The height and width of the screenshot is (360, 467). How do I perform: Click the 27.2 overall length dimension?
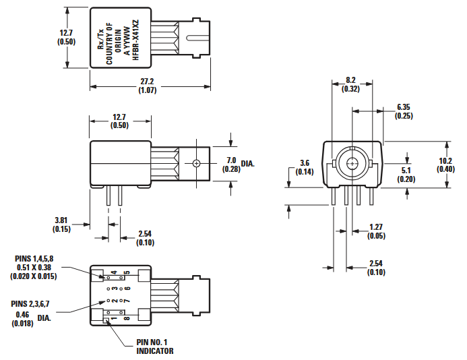pyautogui.click(x=147, y=82)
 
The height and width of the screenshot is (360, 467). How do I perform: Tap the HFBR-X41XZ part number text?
pyautogui.click(x=135, y=40)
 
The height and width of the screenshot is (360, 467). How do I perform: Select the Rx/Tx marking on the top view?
pyautogui.click(x=101, y=39)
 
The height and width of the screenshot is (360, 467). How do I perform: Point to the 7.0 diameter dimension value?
pyautogui.click(x=231, y=160)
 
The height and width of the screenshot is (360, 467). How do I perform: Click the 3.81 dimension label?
pyautogui.click(x=61, y=220)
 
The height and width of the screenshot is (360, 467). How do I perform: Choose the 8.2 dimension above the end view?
pyautogui.click(x=350, y=80)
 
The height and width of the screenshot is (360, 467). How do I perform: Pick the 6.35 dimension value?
pyautogui.click(x=404, y=107)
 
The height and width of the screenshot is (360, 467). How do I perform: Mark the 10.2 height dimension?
pyautogui.click(x=445, y=160)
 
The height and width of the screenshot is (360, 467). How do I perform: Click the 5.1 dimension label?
pyautogui.click(x=406, y=171)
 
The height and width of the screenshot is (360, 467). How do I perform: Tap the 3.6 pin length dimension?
pyautogui.click(x=305, y=163)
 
